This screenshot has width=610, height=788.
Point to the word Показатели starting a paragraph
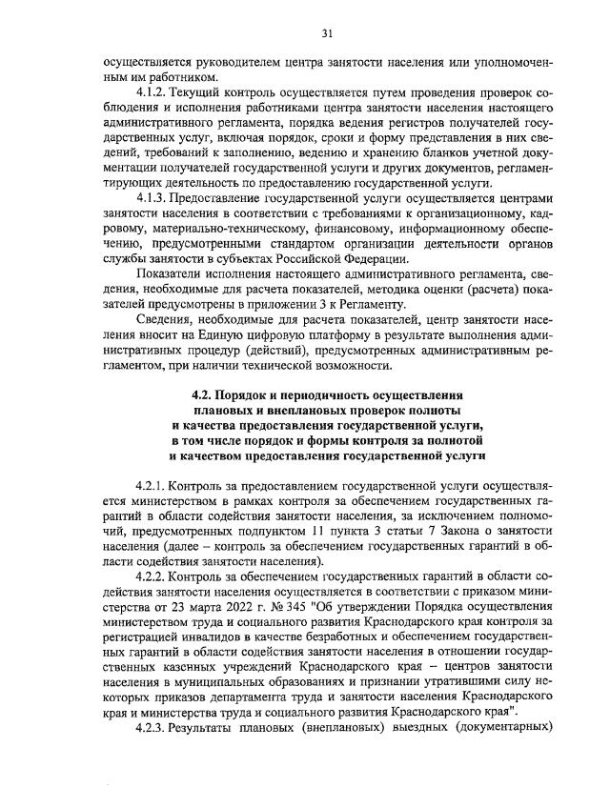(170, 274)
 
